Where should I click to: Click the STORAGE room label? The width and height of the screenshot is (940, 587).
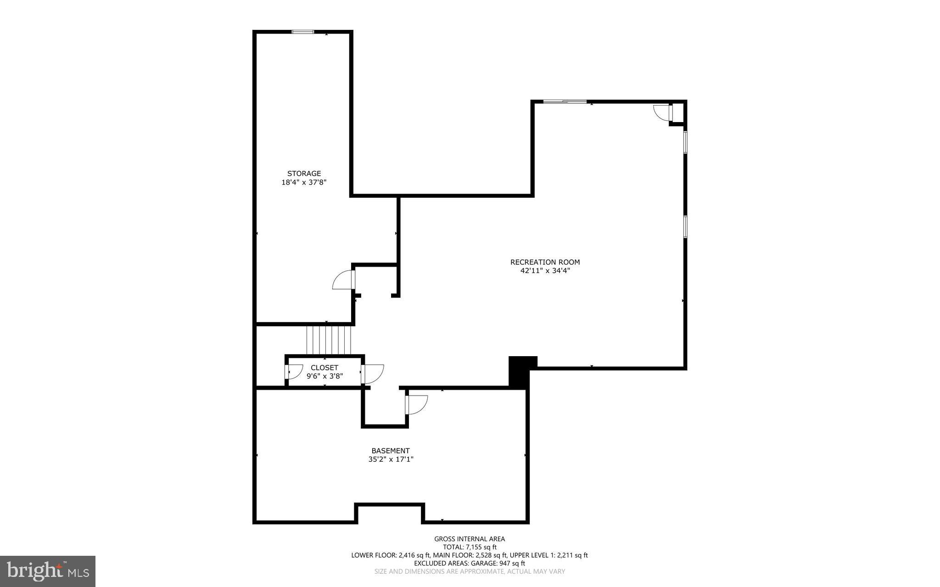coord(304,173)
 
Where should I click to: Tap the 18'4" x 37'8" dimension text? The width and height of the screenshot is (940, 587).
coord(304,182)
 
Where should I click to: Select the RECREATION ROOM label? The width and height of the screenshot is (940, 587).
coord(545,262)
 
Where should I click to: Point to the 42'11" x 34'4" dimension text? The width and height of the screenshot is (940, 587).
coord(545,271)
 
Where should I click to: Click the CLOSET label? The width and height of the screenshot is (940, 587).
coord(324,368)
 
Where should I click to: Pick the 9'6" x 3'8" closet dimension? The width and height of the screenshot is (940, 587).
coord(325,376)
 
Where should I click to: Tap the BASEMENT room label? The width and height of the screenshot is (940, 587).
coord(391,451)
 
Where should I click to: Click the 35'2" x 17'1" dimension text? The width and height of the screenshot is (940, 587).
coord(391,459)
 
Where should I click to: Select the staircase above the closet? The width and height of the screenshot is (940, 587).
coord(329,340)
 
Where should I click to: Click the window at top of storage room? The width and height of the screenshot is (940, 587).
coord(303,32)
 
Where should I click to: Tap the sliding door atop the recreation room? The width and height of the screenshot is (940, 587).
coord(565,101)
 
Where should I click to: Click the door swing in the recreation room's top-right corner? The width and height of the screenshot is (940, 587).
coord(662,113)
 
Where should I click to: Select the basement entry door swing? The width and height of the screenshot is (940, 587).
coord(417,405)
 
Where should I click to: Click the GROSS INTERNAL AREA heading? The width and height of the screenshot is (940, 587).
coord(470,539)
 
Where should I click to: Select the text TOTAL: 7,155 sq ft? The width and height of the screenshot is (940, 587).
coord(470,547)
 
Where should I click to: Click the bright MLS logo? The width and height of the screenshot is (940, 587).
coord(48,571)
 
